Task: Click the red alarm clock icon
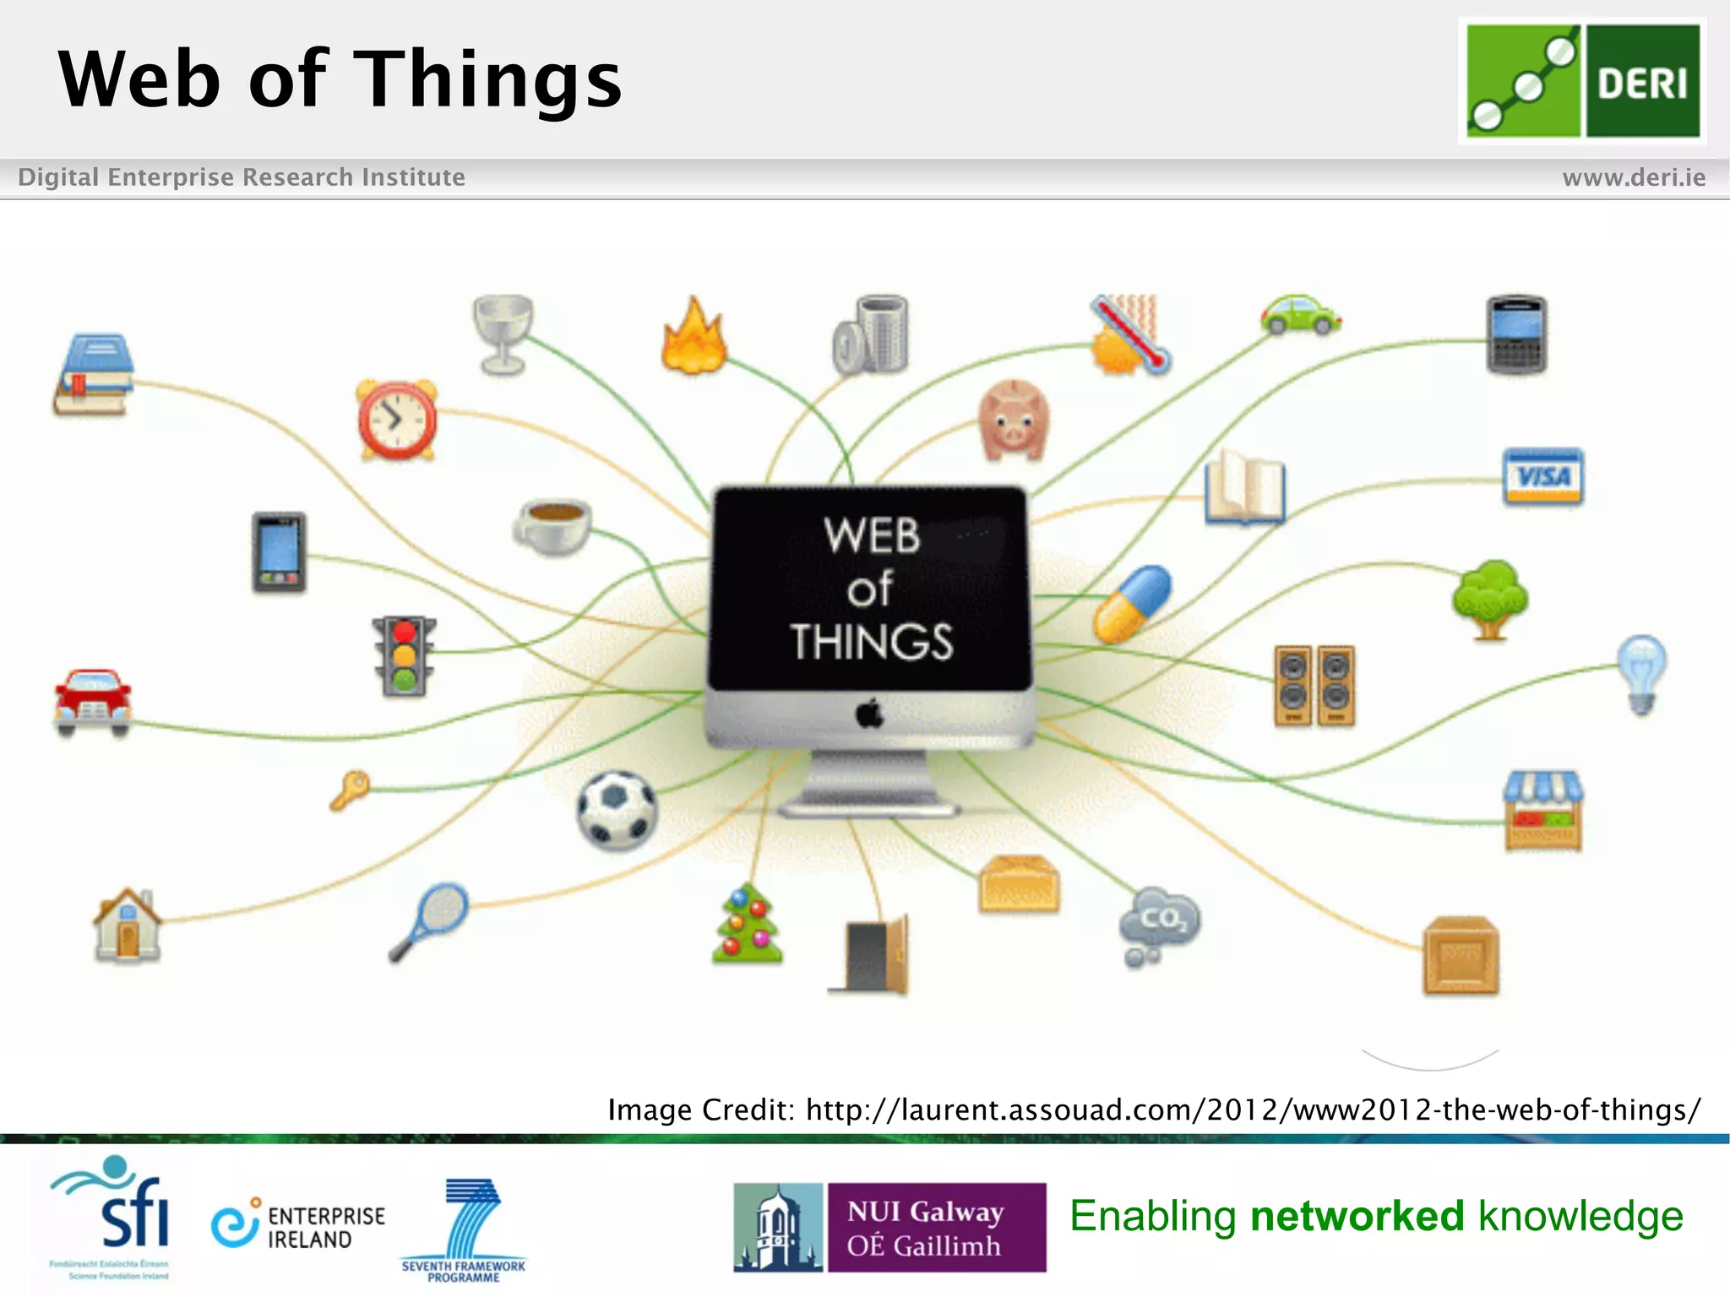[x=397, y=420]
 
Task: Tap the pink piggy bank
[x=1014, y=420]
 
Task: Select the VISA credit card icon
[x=1543, y=476]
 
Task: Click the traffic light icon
[x=405, y=656]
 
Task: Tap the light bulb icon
[x=1641, y=673]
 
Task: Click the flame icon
[x=694, y=337]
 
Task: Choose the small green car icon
[x=1301, y=315]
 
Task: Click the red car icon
[x=93, y=702]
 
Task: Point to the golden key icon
[x=350, y=790]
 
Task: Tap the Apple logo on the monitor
[x=870, y=714]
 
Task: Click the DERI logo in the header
[x=1582, y=81]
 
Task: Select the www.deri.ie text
[x=1634, y=177]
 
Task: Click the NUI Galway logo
[x=889, y=1227]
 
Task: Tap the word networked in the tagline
[x=1357, y=1216]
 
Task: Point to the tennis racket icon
[x=429, y=921]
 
